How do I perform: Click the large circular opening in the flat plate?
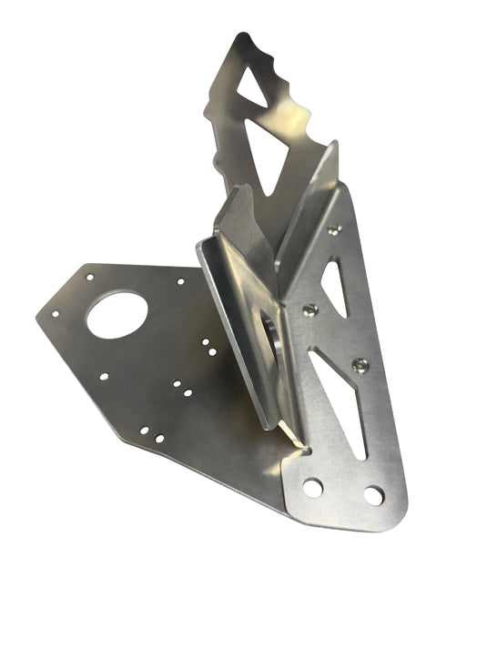tap(117, 315)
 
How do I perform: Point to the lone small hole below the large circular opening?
tap(104, 376)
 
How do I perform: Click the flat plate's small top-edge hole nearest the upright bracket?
tap(180, 281)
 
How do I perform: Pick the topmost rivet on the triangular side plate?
tap(333, 230)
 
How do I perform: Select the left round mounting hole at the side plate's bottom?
tap(312, 488)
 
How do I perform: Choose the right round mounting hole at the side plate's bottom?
tap(373, 495)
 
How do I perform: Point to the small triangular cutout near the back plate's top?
tap(252, 86)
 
